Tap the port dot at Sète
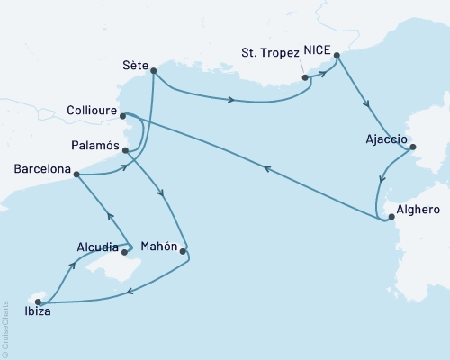[x=154, y=70]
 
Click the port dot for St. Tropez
[x=306, y=78]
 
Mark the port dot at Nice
[x=337, y=56]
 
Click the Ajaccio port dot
[x=412, y=148]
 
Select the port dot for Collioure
[x=122, y=115]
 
